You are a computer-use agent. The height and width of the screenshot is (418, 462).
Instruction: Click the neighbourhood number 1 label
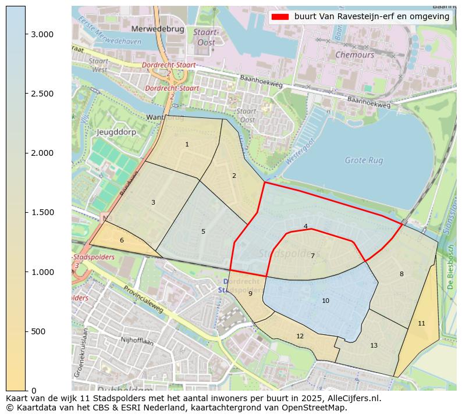[x=187, y=144]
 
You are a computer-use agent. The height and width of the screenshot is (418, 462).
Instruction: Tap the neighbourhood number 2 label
[x=234, y=176]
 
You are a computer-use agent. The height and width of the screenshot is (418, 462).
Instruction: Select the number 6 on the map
[x=122, y=240]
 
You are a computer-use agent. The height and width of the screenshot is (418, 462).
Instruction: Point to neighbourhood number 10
[x=325, y=301]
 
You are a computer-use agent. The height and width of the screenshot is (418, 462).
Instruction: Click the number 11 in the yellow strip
[x=421, y=323]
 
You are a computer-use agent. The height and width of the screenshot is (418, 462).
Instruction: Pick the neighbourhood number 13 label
[x=374, y=345]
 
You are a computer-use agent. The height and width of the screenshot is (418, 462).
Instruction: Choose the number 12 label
[x=300, y=336]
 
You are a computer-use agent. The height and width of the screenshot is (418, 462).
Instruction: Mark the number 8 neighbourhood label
[x=401, y=274]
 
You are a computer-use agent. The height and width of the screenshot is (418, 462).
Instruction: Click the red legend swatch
[x=280, y=17]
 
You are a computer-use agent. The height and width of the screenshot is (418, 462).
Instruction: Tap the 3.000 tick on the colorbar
[x=42, y=34]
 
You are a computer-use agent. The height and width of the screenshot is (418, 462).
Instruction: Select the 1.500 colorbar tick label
[x=42, y=212]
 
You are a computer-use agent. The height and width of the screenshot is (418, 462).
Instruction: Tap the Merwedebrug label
[x=158, y=28]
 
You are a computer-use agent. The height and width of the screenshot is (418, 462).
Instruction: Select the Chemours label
[x=354, y=55]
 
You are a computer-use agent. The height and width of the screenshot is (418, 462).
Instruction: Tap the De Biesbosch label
[x=450, y=267]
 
